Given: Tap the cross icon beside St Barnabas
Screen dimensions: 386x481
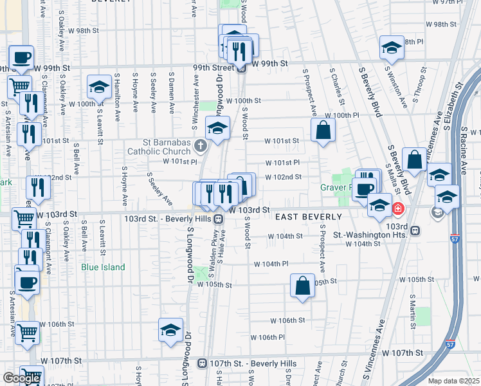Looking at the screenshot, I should pos(201,146).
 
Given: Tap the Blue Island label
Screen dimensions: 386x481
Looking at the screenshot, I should pos(103,268).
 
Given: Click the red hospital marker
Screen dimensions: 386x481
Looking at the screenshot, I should pos(399,208).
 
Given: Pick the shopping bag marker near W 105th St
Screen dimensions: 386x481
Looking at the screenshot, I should pos(302,286).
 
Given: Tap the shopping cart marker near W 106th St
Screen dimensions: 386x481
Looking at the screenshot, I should pos(27,333).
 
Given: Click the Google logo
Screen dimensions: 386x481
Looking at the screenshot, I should pos(22,378).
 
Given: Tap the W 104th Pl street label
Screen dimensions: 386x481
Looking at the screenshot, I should pos(270,264).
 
